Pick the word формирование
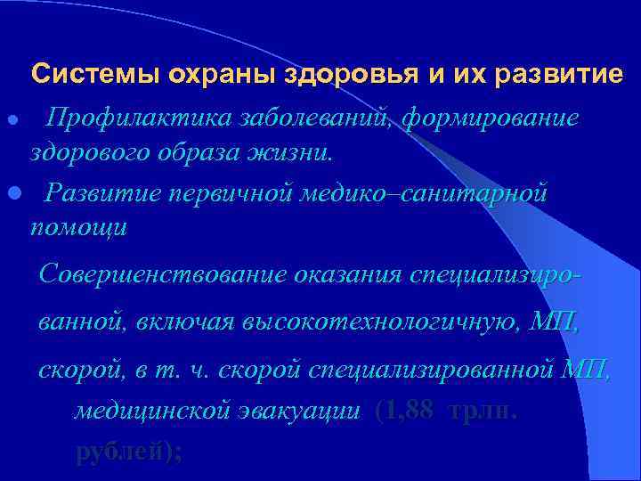tap(491, 118)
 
